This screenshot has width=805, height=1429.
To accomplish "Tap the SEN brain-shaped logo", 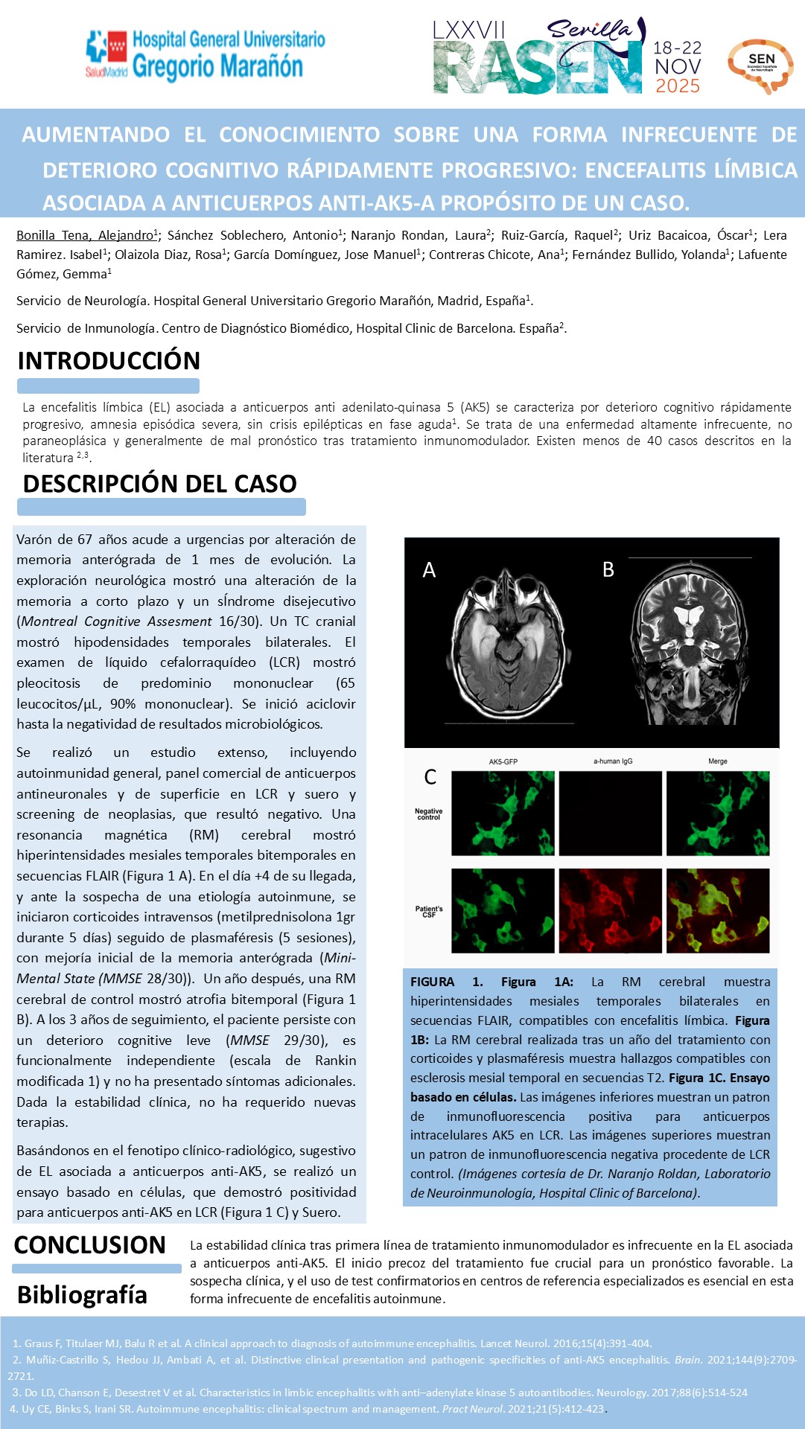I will click(760, 65).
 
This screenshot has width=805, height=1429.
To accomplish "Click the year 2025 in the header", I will click(678, 86).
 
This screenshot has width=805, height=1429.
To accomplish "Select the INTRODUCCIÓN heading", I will click(109, 361).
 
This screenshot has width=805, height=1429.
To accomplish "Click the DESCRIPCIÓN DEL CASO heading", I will click(160, 484).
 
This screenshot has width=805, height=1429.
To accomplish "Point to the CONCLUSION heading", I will click(90, 1244).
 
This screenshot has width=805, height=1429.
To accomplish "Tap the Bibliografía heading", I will click(82, 1295).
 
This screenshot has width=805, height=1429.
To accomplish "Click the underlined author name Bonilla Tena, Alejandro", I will click(86, 235).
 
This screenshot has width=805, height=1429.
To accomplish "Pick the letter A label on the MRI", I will click(429, 570).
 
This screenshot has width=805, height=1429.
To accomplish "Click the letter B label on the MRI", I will click(608, 570).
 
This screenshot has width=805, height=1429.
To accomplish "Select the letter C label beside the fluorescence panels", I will click(430, 777).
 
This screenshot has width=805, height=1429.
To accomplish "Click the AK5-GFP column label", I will click(503, 761).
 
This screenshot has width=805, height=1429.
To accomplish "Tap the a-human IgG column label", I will click(612, 761).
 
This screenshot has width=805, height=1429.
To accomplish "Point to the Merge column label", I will click(718, 761).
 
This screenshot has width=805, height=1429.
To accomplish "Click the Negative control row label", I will click(428, 814).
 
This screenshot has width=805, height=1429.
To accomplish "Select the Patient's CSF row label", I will click(429, 912).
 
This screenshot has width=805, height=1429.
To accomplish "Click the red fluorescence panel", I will click(610, 910).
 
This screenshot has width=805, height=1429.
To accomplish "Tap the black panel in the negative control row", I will click(610, 813).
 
